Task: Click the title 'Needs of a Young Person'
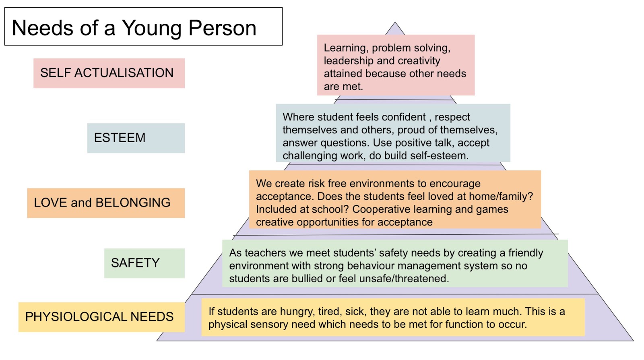[134, 28]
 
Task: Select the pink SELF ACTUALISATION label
[107, 73]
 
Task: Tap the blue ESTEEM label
[120, 138]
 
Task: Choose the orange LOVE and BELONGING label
[102, 203]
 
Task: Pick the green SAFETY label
[135, 263]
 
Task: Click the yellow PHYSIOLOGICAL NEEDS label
[99, 317]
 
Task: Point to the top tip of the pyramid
[395, 23]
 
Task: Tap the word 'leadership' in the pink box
[349, 61]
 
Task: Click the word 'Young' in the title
[152, 28]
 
